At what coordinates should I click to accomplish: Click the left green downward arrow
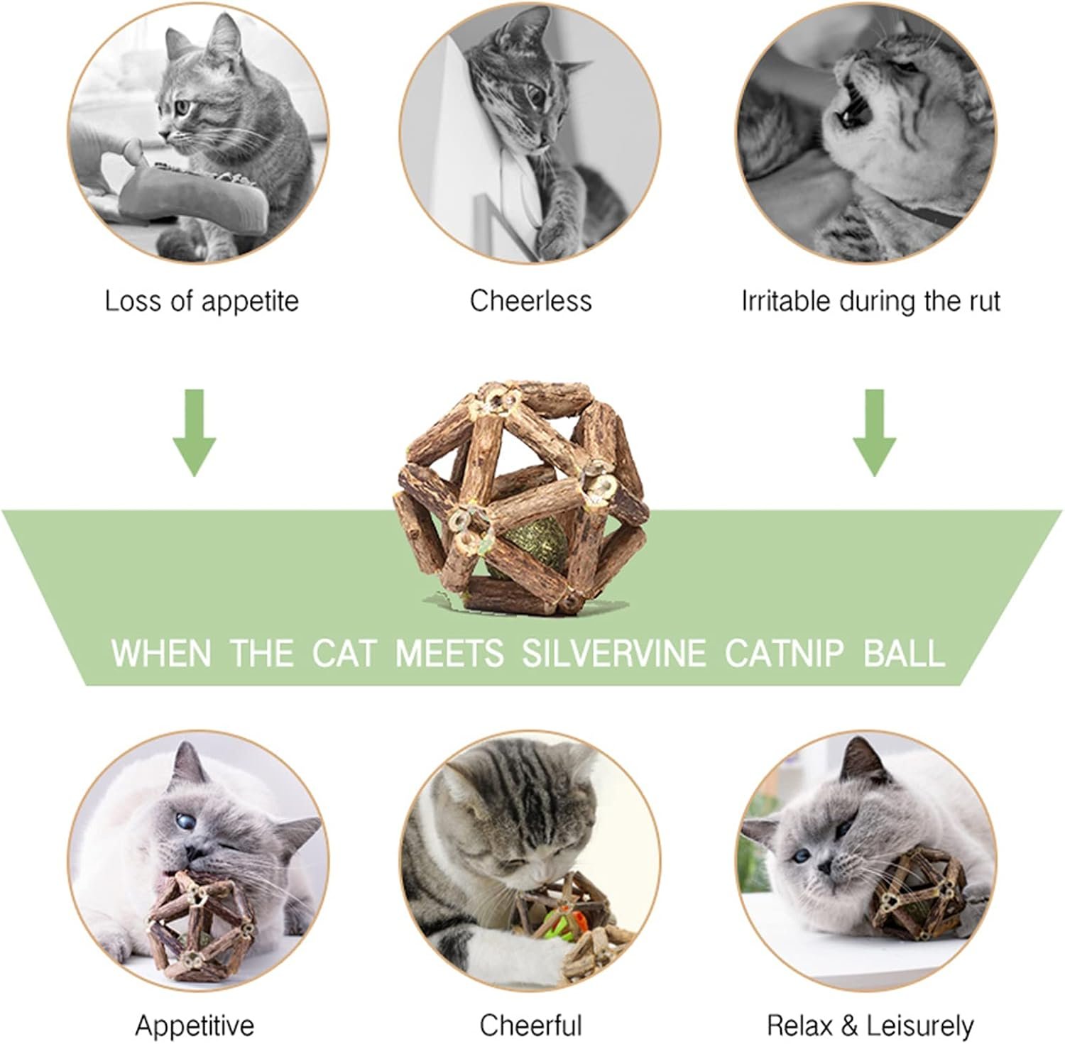click(195, 433)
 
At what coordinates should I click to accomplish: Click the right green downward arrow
click(874, 433)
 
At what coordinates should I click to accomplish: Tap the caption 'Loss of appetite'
click(202, 301)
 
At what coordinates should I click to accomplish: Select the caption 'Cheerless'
click(530, 301)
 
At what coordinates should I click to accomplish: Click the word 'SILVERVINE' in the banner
click(614, 653)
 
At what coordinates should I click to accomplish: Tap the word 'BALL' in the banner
click(905, 653)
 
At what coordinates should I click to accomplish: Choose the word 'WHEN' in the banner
click(161, 653)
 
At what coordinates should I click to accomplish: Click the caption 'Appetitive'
click(195, 1026)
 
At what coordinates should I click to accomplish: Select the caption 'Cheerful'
click(530, 1026)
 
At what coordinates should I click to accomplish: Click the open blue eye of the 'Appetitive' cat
click(184, 821)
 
